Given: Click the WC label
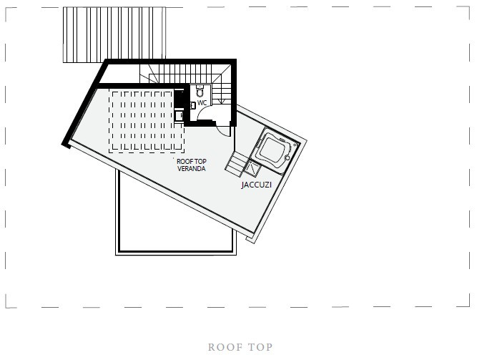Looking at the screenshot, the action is click(x=202, y=102).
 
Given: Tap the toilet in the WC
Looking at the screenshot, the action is click(x=200, y=90).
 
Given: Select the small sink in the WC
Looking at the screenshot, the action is click(x=193, y=105).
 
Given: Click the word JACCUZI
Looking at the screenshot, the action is click(x=257, y=185).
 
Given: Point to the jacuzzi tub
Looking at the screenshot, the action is click(x=275, y=150).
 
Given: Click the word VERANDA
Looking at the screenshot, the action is click(x=192, y=168).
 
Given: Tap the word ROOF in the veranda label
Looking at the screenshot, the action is click(x=184, y=161).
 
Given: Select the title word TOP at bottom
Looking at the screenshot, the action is click(x=260, y=347).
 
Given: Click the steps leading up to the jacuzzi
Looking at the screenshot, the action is click(x=237, y=164).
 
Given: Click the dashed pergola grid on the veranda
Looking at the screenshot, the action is click(x=147, y=121).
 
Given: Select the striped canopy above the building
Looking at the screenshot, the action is click(x=114, y=35).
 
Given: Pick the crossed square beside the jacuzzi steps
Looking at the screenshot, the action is click(x=252, y=168).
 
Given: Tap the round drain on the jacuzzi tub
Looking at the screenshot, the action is click(x=287, y=157).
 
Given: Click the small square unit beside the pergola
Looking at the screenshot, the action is click(x=179, y=116).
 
